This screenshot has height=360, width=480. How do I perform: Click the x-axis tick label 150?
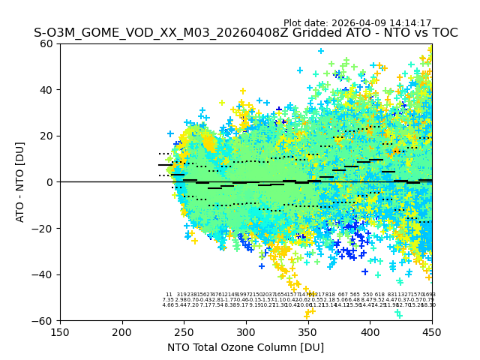click(60, 331)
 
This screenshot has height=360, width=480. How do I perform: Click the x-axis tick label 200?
click(122, 331)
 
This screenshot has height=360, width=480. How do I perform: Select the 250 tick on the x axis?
click(184, 331)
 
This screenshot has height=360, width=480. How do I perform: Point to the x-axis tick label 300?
click(246, 331)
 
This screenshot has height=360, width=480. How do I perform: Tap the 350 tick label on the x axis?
click(308, 331)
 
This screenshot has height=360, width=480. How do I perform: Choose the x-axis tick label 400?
click(370, 331)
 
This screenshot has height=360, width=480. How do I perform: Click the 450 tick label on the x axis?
click(432, 331)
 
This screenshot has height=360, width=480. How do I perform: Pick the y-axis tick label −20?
click(44, 228)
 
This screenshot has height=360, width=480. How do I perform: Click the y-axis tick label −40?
click(44, 274)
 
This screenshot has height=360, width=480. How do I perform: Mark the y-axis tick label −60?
click(44, 320)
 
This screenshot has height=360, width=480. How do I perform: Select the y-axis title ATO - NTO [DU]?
click(21, 182)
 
